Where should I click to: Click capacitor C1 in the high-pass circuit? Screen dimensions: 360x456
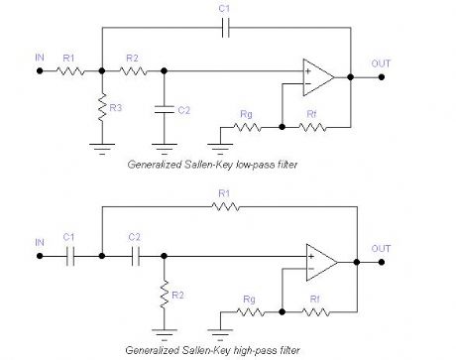(x=68, y=255)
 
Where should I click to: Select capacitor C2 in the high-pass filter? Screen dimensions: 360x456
(x=133, y=255)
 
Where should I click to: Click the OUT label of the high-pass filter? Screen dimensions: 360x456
(x=382, y=248)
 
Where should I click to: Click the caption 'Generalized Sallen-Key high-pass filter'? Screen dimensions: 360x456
(x=214, y=351)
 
